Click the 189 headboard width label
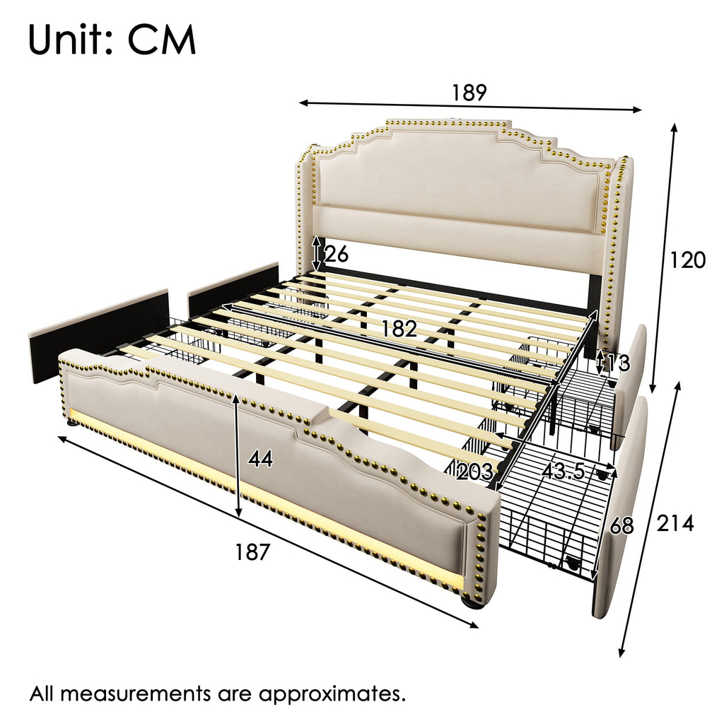coord(469,93)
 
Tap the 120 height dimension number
coord(687,260)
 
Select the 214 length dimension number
coord(675,523)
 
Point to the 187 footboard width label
coord(252,551)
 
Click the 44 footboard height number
coord(261,459)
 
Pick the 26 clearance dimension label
coord(337,255)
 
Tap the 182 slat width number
coord(399,329)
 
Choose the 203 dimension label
coord(474,472)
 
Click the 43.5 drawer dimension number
coord(564,472)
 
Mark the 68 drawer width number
coord(622,526)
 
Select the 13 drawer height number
coord(618,363)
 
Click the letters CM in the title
coord(162,40)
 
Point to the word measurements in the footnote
coord(133,694)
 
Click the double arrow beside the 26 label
coord(316,255)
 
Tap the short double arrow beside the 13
coord(600,363)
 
